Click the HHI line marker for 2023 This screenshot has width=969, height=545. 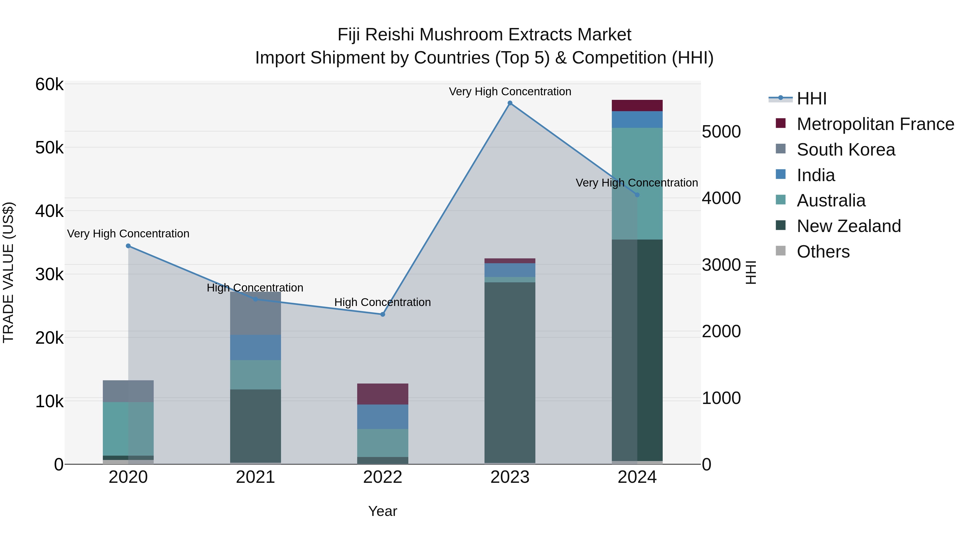510,103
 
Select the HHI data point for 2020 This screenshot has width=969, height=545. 128,246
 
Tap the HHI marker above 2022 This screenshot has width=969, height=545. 382,314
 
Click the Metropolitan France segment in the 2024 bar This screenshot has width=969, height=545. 637,106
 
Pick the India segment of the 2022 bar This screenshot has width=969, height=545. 382,417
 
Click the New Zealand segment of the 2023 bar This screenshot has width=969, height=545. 510,372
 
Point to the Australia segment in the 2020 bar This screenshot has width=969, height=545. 128,429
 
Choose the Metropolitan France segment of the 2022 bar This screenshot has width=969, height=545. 382,394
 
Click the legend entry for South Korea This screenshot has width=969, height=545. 846,150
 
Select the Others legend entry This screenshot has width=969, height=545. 823,252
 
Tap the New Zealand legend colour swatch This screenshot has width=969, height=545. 781,226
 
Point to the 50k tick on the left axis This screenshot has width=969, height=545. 49,148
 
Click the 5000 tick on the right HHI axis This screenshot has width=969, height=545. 721,132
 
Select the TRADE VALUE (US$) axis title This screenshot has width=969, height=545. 9,272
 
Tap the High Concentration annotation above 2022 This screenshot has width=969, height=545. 382,303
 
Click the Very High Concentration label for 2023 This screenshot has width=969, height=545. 510,92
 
